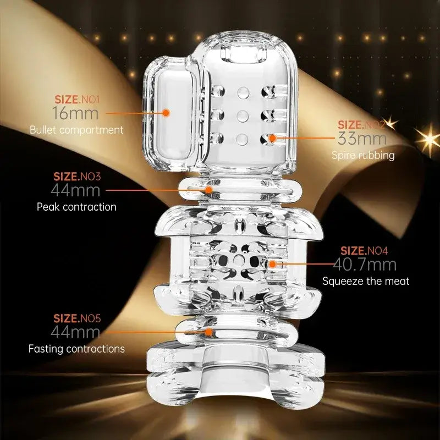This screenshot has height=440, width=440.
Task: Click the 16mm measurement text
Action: (75, 113)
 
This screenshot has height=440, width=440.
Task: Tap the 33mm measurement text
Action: (362, 139)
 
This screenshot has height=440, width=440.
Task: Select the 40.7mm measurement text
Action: (365, 265)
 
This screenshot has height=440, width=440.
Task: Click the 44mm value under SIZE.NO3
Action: (75, 190)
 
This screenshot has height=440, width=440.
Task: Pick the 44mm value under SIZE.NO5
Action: (75, 332)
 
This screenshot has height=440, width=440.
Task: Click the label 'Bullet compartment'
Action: (76, 130)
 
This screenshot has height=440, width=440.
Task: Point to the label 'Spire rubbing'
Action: (363, 155)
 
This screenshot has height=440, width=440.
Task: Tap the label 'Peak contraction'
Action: (76, 207)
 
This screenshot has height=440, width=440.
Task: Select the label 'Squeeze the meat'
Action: (366, 281)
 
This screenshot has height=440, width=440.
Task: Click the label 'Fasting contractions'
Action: (76, 349)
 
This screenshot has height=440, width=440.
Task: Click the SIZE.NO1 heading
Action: (77, 100)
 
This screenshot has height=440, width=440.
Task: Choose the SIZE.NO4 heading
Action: (364, 251)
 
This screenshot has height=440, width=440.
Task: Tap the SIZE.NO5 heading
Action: (77, 318)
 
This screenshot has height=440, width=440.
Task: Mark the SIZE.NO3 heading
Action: (77, 177)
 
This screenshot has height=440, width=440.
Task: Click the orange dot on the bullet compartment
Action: (166, 113)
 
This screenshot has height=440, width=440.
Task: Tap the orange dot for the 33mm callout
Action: (272, 138)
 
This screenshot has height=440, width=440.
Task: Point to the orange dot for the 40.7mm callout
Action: (272, 264)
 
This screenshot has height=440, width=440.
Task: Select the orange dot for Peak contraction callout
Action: (208, 190)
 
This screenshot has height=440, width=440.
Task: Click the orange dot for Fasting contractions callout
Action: (208, 332)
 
